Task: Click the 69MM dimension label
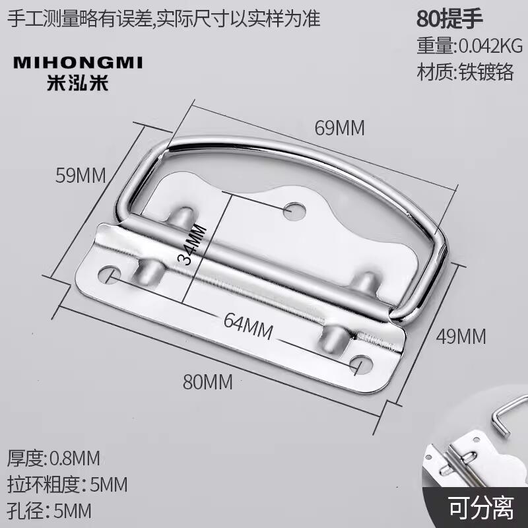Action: tap(339, 127)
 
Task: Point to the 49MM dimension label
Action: tap(461, 337)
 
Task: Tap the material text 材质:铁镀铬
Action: tap(465, 72)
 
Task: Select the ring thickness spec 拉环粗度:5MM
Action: tap(67, 484)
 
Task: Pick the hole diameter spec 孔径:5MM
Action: tap(49, 510)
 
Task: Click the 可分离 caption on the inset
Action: tap(480, 509)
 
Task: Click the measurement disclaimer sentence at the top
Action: tap(163, 18)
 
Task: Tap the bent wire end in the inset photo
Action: tap(501, 416)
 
